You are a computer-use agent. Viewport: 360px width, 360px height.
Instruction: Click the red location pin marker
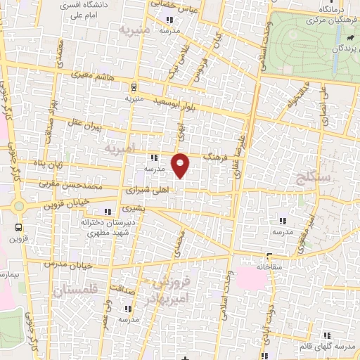pos(181,165)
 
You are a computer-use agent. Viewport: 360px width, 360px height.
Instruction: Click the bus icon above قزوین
pos(18,227)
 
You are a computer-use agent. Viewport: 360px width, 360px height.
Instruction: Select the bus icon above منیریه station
pos(133,86)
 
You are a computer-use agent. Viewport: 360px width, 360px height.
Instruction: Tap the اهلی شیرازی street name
pos(146,190)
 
